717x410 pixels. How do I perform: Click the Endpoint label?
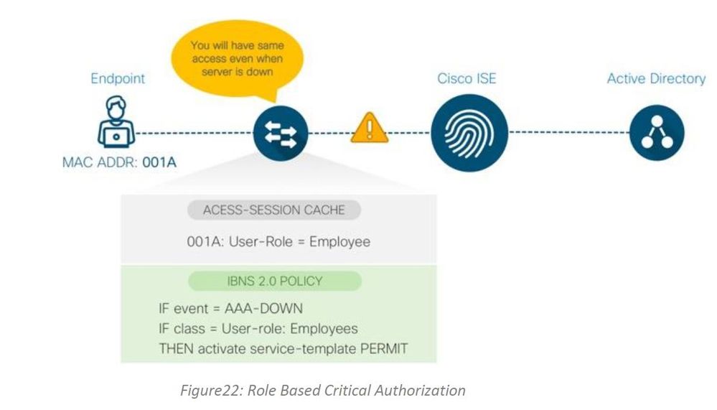pyautogui.click(x=118, y=79)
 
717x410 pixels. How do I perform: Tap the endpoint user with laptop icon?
pyautogui.click(x=116, y=122)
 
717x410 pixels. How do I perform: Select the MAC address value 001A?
pyautogui.click(x=159, y=162)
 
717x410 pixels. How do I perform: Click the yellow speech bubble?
pyautogui.click(x=237, y=59)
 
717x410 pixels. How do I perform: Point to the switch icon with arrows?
pyautogui.click(x=281, y=133)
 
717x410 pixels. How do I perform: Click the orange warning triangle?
pyautogui.click(x=370, y=128)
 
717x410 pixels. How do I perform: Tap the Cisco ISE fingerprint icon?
pyautogui.click(x=469, y=133)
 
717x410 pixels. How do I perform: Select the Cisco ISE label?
pyautogui.click(x=467, y=78)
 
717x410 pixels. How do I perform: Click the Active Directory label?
pyautogui.click(x=656, y=79)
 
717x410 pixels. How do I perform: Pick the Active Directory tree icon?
pyautogui.click(x=657, y=133)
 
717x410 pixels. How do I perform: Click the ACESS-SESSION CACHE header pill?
pyautogui.click(x=274, y=210)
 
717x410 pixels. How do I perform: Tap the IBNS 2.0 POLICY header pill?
pyautogui.click(x=275, y=281)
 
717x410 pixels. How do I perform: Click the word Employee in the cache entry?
pyautogui.click(x=339, y=241)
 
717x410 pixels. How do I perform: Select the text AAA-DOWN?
pyautogui.click(x=263, y=309)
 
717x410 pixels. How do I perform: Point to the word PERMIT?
pyautogui.click(x=384, y=349)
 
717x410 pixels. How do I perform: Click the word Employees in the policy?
pyautogui.click(x=324, y=329)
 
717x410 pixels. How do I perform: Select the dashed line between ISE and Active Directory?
pyautogui.click(x=569, y=133)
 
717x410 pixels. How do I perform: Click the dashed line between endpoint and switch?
pyautogui.click(x=195, y=133)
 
